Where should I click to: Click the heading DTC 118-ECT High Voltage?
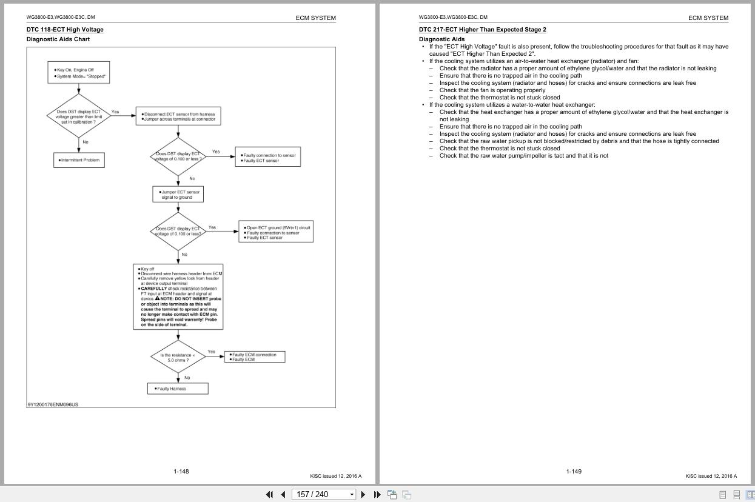tap(65, 30)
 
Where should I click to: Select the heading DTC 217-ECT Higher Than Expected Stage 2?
tap(482, 30)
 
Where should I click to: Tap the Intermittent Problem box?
tap(79, 160)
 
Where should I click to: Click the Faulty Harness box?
tap(178, 389)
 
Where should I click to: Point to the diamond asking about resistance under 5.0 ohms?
tap(178, 358)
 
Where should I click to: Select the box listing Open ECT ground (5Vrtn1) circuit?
tap(276, 233)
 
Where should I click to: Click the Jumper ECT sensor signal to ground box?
tap(178, 194)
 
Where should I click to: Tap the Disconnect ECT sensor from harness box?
tap(178, 116)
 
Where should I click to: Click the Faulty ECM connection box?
tap(254, 357)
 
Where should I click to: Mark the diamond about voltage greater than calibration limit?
tap(79, 116)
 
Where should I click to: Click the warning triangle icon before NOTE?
tap(158, 298)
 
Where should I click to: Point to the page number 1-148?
tap(181, 471)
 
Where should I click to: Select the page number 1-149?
tap(573, 471)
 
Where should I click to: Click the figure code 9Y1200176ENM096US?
tap(53, 404)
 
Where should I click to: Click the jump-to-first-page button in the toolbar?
tap(269, 494)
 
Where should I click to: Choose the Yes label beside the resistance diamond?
tap(211, 352)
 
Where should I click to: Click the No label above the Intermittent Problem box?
tap(86, 142)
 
